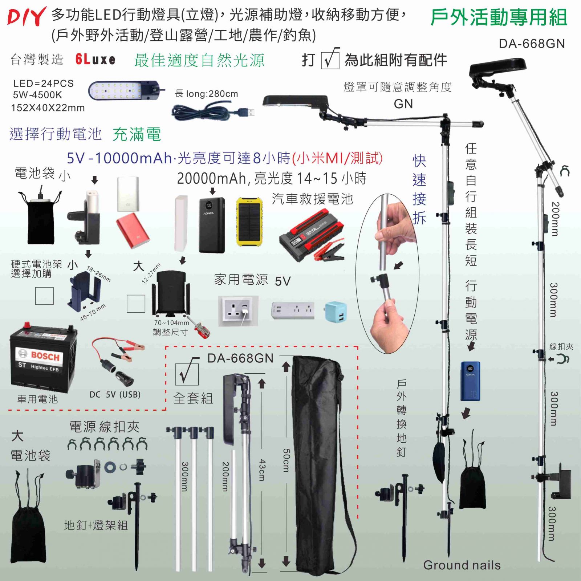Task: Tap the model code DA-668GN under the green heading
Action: click(532, 44)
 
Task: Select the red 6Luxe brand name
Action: click(96, 59)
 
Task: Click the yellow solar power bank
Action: click(249, 222)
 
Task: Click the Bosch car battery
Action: click(43, 358)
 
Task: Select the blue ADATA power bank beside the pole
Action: click(470, 381)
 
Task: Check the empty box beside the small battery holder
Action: click(44, 296)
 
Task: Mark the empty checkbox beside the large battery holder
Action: click(136, 304)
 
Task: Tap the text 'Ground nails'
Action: click(462, 565)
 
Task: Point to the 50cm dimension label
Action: click(287, 460)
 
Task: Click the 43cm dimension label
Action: click(262, 470)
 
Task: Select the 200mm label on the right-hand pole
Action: click(555, 219)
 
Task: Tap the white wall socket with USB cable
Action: click(238, 311)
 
